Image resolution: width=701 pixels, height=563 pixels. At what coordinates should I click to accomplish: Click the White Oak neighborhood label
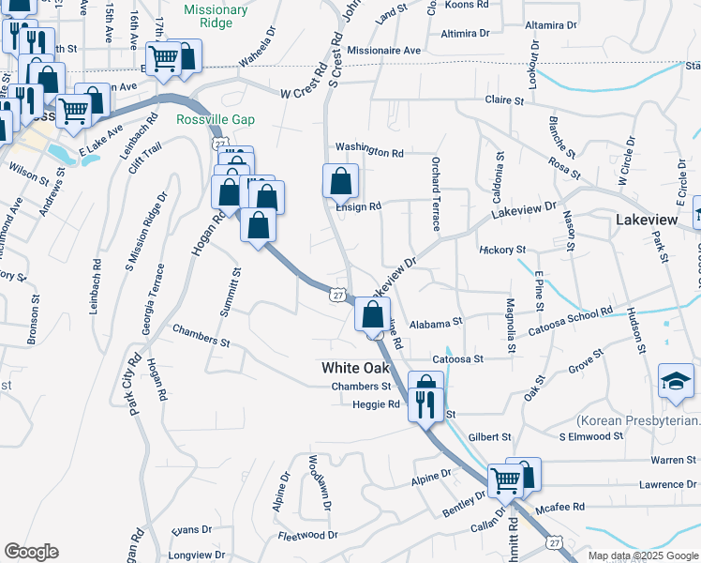(x=356, y=368)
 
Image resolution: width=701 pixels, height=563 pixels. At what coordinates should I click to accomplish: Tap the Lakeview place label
(x=647, y=219)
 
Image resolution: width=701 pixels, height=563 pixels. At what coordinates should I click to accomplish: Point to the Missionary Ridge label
(x=216, y=17)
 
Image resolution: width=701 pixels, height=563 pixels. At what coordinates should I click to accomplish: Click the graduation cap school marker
(x=677, y=380)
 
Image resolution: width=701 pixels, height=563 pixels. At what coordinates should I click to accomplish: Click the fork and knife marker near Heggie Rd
(x=426, y=404)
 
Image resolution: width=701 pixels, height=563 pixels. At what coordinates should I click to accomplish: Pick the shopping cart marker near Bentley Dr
(x=506, y=479)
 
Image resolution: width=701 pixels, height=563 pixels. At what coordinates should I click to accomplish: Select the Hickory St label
(x=502, y=251)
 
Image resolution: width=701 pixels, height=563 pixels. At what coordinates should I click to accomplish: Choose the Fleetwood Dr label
(x=307, y=536)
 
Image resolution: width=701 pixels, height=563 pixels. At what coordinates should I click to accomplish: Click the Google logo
(x=31, y=552)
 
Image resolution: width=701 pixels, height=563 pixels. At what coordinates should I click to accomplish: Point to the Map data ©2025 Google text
(x=642, y=555)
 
